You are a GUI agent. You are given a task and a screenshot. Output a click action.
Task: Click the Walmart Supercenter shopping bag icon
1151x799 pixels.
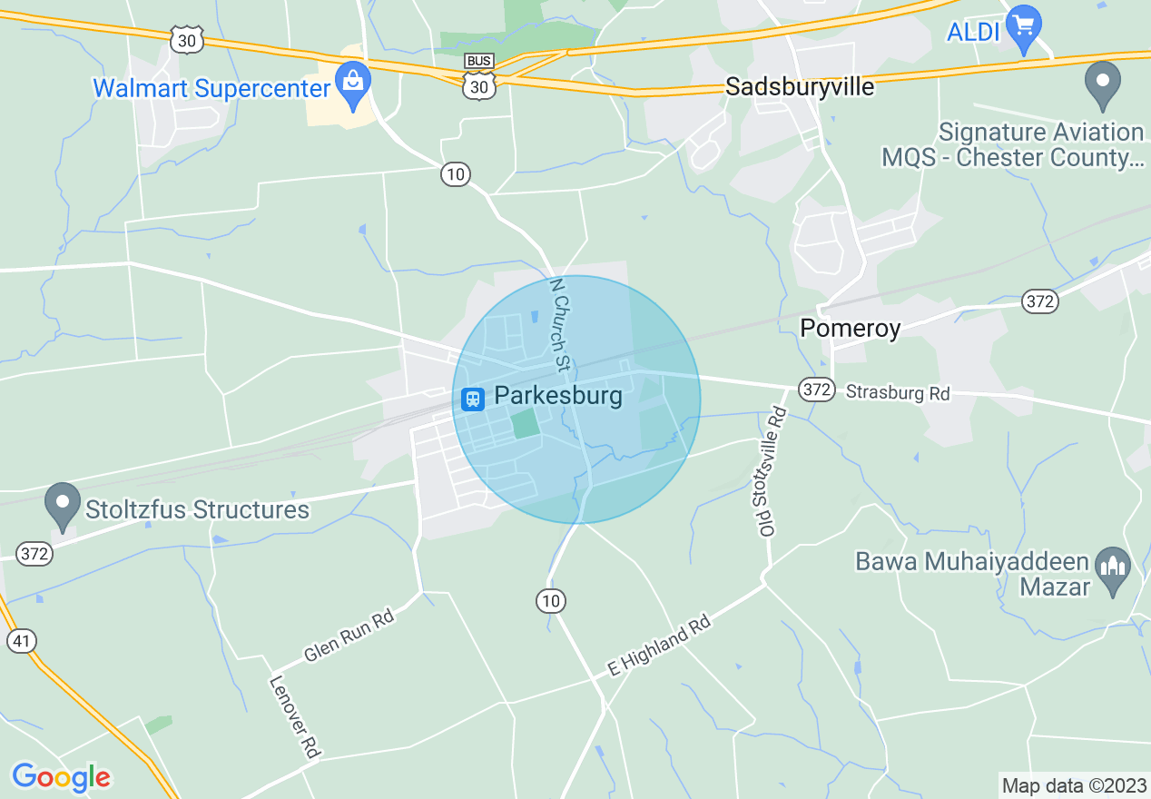(x=352, y=80)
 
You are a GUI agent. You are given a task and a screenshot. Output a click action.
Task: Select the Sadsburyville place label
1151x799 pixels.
(x=800, y=87)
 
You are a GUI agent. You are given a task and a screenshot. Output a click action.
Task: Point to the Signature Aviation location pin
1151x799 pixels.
(x=1103, y=84)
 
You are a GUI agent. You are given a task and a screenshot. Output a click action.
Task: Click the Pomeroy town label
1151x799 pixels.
(x=850, y=328)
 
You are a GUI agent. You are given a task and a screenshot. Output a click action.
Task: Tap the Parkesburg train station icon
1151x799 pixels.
(x=472, y=398)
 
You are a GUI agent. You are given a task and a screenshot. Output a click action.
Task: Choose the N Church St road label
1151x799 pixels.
(x=561, y=324)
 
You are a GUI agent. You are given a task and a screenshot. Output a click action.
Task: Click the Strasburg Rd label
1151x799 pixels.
(x=897, y=393)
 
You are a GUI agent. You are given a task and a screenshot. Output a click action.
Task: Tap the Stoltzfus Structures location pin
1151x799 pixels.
(x=63, y=507)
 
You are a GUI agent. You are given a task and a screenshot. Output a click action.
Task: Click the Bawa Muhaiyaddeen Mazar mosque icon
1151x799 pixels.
(x=1112, y=571)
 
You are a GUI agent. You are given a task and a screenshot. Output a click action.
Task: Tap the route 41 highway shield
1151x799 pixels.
(x=22, y=641)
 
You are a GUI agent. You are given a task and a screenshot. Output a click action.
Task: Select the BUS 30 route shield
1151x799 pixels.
(x=478, y=75)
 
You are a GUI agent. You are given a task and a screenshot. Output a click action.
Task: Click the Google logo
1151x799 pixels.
(x=61, y=777)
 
